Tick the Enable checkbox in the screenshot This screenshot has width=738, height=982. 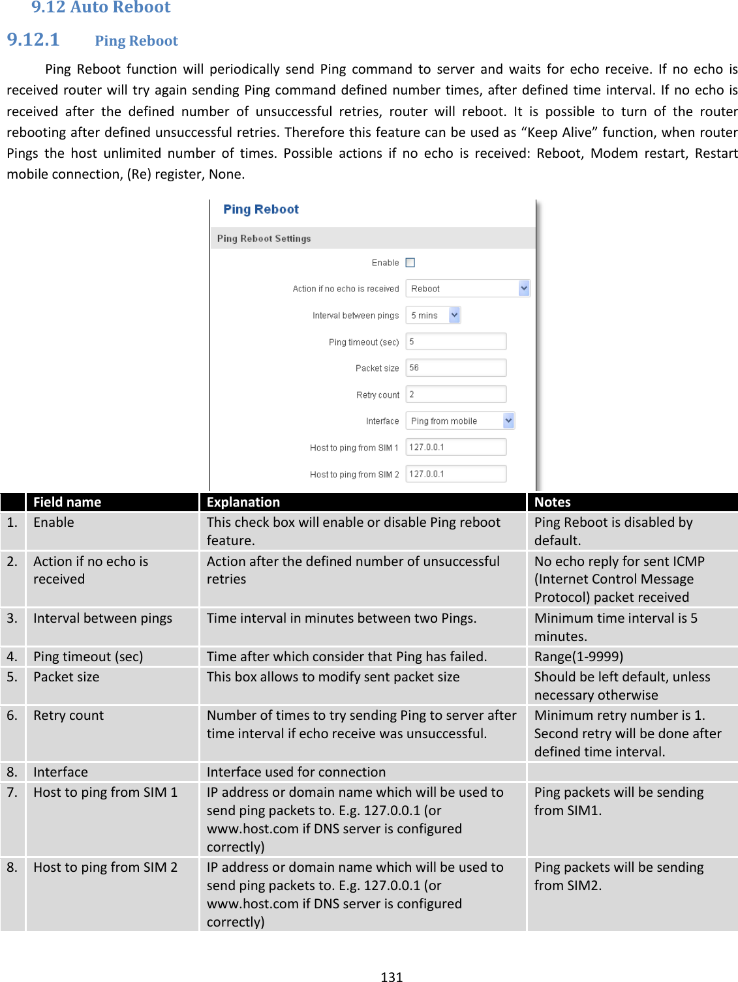click(410, 263)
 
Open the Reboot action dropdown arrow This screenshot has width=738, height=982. click(523, 288)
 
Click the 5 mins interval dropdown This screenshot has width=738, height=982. click(433, 316)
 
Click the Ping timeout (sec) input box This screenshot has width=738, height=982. click(455, 342)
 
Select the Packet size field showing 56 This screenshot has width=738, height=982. click(455, 368)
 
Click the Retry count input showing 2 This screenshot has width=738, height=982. click(455, 394)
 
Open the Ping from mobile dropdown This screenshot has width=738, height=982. click(460, 421)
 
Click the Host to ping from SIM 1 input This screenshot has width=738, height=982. click(455, 447)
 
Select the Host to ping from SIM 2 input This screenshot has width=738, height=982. click(455, 474)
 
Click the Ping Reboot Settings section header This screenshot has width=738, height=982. click(264, 239)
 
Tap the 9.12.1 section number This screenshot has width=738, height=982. click(33, 40)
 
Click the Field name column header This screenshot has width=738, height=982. click(67, 502)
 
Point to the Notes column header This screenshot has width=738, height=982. click(552, 502)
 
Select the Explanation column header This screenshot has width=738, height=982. click(243, 502)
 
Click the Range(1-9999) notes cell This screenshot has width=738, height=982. click(579, 657)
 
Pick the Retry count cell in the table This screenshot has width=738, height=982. click(69, 715)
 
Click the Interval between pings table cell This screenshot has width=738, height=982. click(103, 618)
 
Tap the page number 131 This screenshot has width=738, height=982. click(392, 977)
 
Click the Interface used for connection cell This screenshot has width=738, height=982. click(296, 772)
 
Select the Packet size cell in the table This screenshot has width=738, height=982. click(67, 677)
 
